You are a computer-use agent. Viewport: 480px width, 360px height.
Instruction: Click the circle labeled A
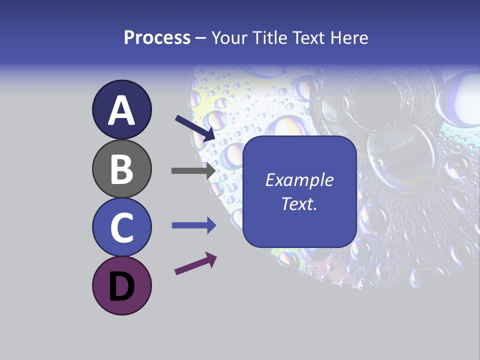click(x=121, y=109)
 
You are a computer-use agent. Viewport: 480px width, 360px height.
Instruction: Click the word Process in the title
click(x=157, y=38)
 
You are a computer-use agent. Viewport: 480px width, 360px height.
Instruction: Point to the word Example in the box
click(x=299, y=180)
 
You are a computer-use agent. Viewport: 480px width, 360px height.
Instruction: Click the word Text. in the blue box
click(x=299, y=203)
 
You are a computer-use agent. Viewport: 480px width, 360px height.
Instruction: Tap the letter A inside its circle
click(x=121, y=110)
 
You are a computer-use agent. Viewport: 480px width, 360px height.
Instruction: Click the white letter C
click(x=121, y=227)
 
